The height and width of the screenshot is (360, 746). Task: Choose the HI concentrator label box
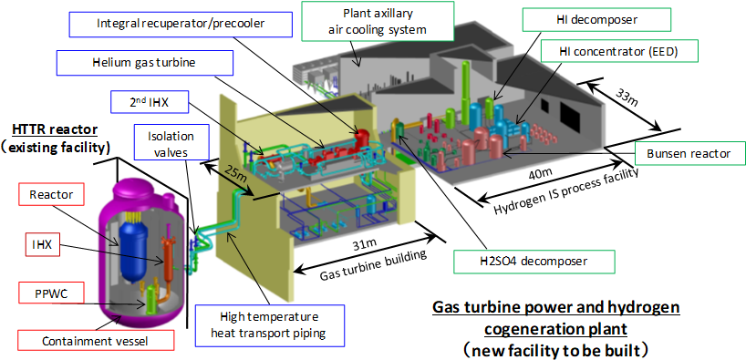pyautogui.click(x=617, y=51)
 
